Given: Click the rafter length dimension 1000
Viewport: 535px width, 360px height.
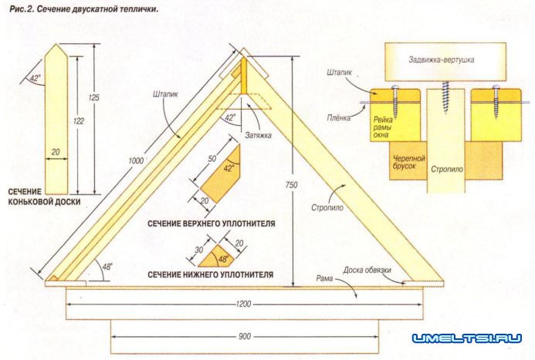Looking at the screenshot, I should pyautogui.click(x=137, y=160).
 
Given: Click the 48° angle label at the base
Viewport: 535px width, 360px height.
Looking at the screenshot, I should pyautogui.click(x=107, y=265).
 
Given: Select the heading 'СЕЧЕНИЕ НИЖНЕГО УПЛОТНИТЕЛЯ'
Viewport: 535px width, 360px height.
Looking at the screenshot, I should pyautogui.click(x=211, y=274).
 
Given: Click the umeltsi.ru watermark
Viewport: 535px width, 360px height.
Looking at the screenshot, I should pyautogui.click(x=466, y=338).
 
